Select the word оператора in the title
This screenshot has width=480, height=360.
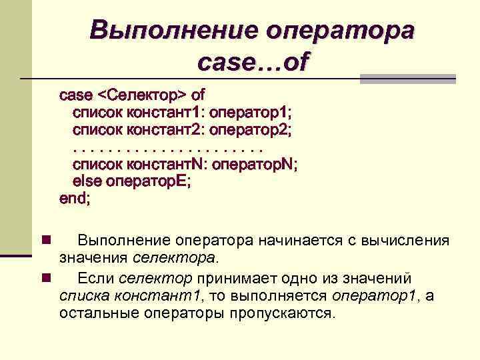(340, 30)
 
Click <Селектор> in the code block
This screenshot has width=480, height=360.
(147, 93)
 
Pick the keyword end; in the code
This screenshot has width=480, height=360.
(75, 198)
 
